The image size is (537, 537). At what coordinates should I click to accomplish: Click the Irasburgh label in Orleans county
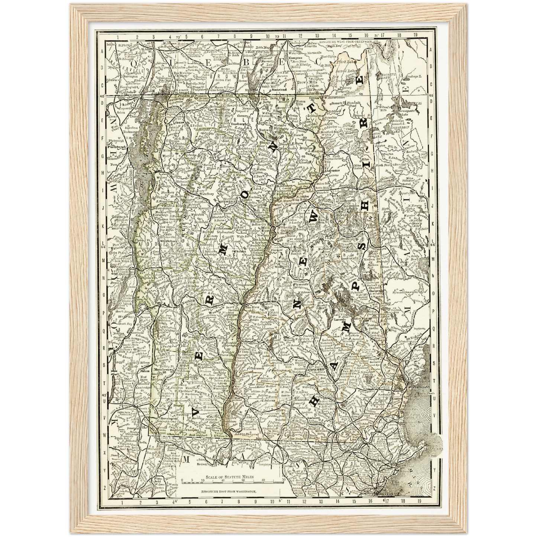tap(239, 124)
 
